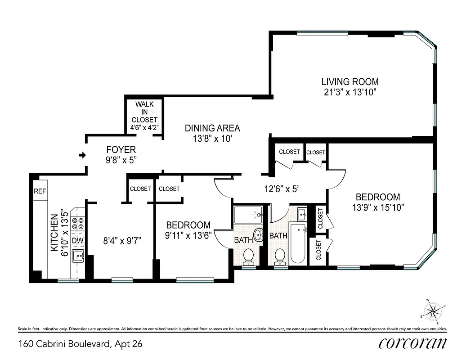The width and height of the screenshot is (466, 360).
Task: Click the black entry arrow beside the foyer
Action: coord(82,156)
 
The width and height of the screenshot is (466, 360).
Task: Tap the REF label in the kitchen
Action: coord(40,191)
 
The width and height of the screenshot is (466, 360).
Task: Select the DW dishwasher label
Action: coord(78,241)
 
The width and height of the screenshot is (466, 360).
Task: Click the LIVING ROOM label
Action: coord(349,82)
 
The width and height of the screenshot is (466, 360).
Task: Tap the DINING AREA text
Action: coord(212,128)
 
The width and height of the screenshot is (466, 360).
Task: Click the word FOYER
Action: coord(121,150)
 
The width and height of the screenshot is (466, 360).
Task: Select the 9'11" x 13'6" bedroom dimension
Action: coord(188,235)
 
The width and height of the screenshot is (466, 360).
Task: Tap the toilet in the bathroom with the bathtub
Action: coord(280,256)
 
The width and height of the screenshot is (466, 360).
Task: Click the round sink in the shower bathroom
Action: coord(259,234)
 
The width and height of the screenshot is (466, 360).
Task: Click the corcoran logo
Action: coord(412,343)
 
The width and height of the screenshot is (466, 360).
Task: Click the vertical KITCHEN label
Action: coord(54,232)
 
